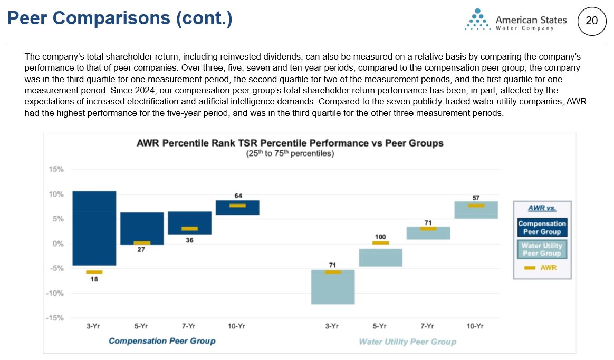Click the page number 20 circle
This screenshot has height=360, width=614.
point(592,21)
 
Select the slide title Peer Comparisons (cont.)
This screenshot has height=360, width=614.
point(120,19)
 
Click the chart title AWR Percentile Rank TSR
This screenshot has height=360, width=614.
point(290,143)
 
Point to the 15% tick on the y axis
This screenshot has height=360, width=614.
point(56,170)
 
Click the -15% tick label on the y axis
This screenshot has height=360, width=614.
point(55,318)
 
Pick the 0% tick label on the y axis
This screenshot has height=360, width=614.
point(57,244)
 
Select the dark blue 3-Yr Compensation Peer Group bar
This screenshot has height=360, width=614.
point(94,228)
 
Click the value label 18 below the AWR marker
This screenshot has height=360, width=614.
point(94,279)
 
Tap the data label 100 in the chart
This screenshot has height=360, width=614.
point(380,237)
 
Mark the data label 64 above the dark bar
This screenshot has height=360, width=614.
point(238,196)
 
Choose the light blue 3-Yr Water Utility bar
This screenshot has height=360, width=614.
point(332,287)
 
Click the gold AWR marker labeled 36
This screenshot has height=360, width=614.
point(190,229)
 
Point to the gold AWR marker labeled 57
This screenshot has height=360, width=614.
point(476,206)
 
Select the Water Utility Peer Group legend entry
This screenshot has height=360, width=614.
point(542,250)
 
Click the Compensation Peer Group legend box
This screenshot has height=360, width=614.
point(542,228)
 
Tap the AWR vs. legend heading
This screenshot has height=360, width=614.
point(542,208)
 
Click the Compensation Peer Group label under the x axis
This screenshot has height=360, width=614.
point(162,341)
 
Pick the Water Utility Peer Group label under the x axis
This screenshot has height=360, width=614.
point(407,342)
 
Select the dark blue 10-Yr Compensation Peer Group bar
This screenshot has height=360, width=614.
point(238,207)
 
